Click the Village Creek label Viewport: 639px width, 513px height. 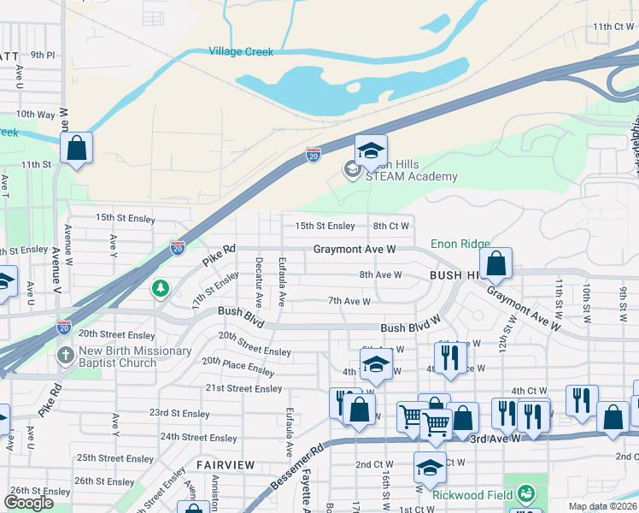coord(241,52)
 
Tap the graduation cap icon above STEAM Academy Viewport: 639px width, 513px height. coord(371,151)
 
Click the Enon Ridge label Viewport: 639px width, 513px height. coord(460,244)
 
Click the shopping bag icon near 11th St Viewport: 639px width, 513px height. coord(76,148)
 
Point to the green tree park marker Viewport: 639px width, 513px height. coord(160,289)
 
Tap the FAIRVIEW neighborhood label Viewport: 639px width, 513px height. coord(226,464)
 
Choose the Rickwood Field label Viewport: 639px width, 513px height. coord(472,494)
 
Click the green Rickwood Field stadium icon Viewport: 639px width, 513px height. coord(527,493)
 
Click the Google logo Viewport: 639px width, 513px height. coord(28,503)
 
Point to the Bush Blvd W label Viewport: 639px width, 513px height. coord(409,327)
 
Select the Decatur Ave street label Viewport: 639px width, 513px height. coord(257,281)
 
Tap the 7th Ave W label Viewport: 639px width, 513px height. coord(349,301)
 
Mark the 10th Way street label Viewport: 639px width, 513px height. coord(35,114)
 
